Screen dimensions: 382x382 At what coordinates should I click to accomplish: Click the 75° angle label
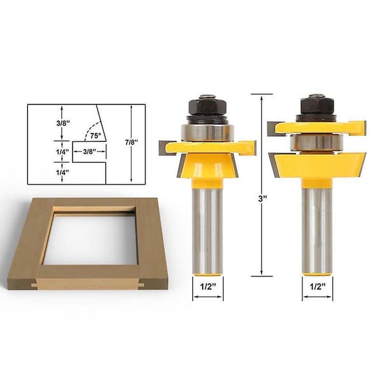pos(95,136)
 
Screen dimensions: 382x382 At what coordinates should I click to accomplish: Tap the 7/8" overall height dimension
pos(132,142)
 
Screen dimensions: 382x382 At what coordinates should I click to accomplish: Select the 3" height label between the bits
pos(262,199)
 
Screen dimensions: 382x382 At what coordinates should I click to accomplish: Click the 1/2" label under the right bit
pos(318,286)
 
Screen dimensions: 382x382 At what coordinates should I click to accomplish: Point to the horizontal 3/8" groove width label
pos(90,152)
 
